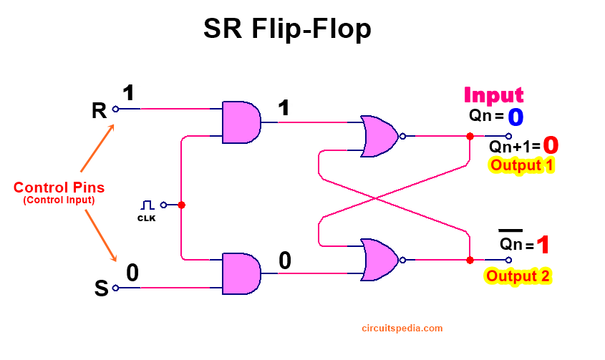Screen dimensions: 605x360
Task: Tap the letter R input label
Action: click(99, 111)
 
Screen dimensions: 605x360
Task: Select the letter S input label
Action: click(102, 288)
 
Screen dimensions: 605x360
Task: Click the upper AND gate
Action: click(241, 122)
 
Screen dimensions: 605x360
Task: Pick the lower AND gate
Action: click(241, 273)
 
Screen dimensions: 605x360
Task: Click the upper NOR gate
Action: click(379, 136)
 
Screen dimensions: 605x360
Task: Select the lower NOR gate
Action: click(379, 260)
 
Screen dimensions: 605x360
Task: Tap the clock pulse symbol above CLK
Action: click(147, 205)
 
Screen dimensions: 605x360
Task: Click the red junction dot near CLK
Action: click(181, 205)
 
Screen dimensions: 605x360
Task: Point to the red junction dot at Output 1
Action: click(470, 136)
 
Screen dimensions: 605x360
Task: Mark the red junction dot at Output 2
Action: click(470, 260)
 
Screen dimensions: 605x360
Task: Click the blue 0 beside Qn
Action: click(516, 117)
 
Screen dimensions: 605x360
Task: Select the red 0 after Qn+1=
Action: click(551, 145)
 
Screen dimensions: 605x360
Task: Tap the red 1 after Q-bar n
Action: click(543, 245)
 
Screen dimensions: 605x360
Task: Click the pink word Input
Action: click(493, 95)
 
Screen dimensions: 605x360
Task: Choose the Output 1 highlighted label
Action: click(521, 165)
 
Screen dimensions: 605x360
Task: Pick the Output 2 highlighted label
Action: click(518, 276)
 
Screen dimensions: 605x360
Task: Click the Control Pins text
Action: click(59, 188)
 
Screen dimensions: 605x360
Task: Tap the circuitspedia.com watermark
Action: click(402, 329)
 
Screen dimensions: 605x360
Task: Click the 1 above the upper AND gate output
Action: click(284, 107)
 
